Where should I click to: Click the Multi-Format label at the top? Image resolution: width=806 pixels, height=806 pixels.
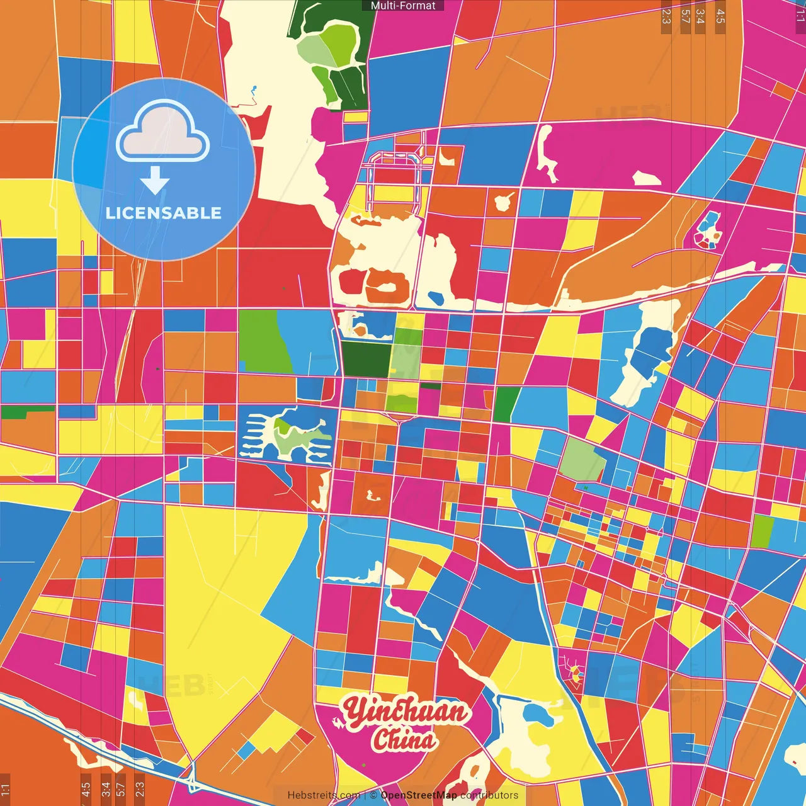click(x=403, y=6)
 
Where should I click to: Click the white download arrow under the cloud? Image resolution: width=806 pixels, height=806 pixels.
click(x=155, y=180)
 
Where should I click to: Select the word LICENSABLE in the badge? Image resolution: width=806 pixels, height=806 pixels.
click(x=164, y=213)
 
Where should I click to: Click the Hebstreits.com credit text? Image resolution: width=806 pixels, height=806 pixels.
click(x=324, y=795)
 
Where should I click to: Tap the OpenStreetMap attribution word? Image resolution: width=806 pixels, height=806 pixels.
click(x=419, y=795)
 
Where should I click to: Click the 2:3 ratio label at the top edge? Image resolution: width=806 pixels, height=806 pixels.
click(x=666, y=16)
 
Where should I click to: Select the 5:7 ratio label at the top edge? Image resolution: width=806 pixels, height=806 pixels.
click(x=686, y=16)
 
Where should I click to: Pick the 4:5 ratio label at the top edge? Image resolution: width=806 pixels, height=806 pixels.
click(x=720, y=16)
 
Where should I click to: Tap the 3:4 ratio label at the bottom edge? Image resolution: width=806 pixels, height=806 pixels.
click(x=106, y=788)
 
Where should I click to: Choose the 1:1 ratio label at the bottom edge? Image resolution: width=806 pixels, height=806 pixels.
click(x=5, y=788)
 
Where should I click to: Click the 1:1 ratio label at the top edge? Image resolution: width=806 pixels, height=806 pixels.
click(x=800, y=16)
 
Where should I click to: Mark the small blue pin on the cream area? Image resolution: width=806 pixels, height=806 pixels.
click(x=254, y=89)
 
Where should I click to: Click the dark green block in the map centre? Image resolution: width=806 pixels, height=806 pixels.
click(x=365, y=359)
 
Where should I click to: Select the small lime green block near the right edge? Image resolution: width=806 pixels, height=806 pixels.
click(x=762, y=531)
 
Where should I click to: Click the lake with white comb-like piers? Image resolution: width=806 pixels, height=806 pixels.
click(x=287, y=434)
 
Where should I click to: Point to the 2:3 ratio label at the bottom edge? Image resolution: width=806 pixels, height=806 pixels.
click(x=139, y=788)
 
